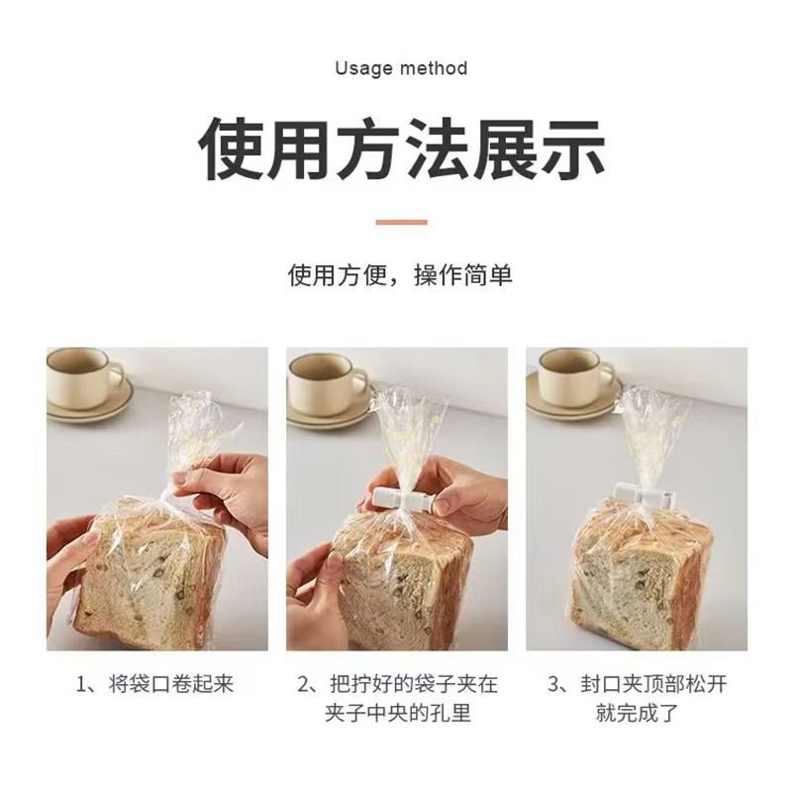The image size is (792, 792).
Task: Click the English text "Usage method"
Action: tap(401, 68)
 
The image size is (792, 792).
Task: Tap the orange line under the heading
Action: tap(401, 222)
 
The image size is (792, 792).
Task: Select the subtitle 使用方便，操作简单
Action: tap(401, 274)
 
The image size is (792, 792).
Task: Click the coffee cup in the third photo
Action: tap(571, 375)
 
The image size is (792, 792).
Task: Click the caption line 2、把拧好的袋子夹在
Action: tap(397, 684)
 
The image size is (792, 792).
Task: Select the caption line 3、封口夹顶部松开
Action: tap(637, 684)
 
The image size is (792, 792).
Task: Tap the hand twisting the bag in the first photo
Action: tap(223, 490)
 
